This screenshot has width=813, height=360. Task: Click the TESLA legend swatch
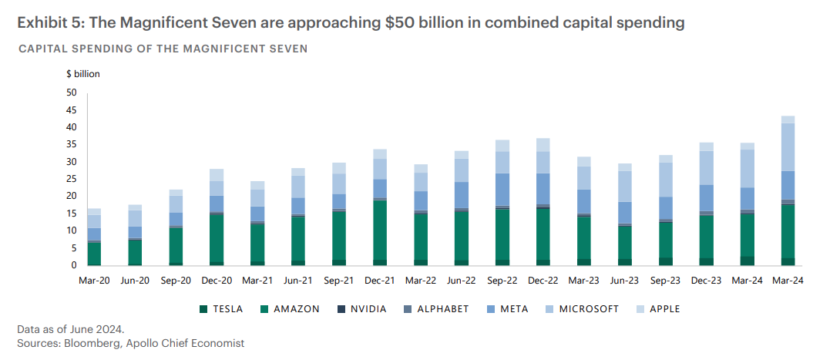click(203, 309)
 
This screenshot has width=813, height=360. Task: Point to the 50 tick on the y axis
click(72, 93)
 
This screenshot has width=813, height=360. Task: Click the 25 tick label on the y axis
click(72, 179)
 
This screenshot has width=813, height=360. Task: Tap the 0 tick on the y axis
click(75, 265)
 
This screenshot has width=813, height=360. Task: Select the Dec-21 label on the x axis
click(380, 281)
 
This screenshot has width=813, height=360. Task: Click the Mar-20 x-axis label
click(94, 281)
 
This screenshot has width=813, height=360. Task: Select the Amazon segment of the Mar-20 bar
click(94, 253)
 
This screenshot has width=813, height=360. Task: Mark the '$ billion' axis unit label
click(83, 74)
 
